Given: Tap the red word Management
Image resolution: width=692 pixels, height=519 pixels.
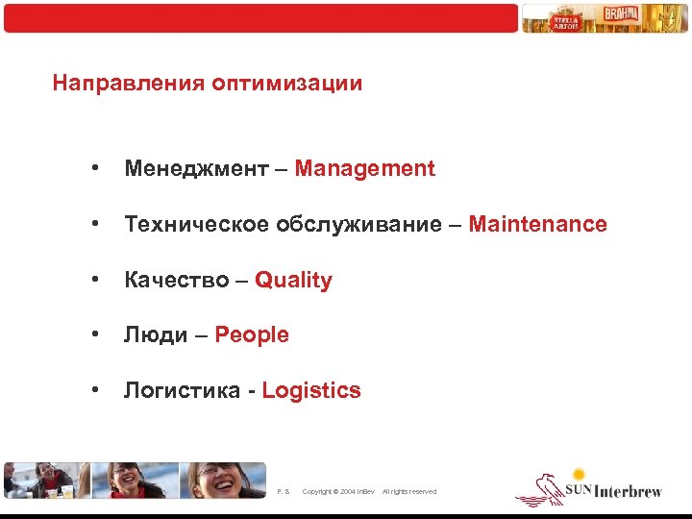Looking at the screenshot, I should (x=365, y=169).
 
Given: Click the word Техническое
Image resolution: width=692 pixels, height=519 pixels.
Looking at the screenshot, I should (x=196, y=225).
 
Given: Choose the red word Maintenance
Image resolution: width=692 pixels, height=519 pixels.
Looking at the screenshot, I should (x=539, y=225).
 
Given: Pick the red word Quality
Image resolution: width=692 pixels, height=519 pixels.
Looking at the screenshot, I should (x=294, y=281).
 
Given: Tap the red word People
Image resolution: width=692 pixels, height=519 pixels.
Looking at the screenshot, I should (x=252, y=335).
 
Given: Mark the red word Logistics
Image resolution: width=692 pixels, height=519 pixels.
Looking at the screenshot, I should (x=311, y=391).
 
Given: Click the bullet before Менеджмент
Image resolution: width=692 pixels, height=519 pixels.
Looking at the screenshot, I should (x=95, y=169).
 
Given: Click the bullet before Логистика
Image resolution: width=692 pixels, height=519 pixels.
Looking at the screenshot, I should (x=95, y=390).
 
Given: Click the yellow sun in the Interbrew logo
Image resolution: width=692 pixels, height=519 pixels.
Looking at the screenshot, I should (x=579, y=474).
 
